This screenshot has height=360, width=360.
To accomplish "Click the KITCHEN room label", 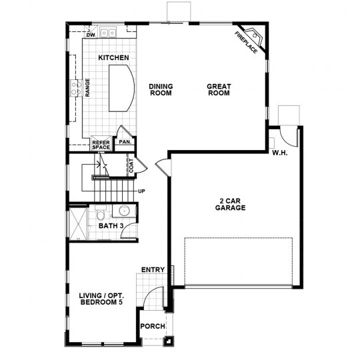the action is click(x=113, y=57).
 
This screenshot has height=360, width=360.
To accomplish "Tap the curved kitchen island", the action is click(x=121, y=88).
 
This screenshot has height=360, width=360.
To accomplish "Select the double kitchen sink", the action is click(x=108, y=33).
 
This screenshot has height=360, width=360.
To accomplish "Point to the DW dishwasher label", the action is click(x=91, y=35).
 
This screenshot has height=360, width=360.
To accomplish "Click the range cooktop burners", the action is click(x=76, y=89).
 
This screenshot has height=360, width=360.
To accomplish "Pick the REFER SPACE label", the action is click(x=101, y=145).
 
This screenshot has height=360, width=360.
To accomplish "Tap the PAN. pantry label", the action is click(x=125, y=142).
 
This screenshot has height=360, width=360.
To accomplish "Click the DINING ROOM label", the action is click(x=161, y=90).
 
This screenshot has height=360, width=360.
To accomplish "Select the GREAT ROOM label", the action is click(x=219, y=90).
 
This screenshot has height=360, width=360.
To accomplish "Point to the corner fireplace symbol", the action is click(x=255, y=37).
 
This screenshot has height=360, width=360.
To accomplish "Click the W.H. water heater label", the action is click(x=279, y=153).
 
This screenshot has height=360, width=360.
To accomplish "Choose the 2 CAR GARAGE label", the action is click(x=230, y=205).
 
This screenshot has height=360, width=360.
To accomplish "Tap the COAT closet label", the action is click(x=131, y=165).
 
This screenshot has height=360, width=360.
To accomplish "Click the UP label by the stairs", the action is click(x=141, y=191).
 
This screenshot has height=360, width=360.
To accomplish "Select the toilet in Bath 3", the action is click(x=101, y=213).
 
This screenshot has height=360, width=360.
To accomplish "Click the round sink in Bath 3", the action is click(x=124, y=210).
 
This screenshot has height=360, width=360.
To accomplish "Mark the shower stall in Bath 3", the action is click(x=78, y=224).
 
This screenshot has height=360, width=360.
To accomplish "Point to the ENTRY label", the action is click(x=153, y=269).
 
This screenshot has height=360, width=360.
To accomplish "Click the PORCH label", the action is click(x=153, y=326).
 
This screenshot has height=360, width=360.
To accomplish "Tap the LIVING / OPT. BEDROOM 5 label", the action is click(x=101, y=299).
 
